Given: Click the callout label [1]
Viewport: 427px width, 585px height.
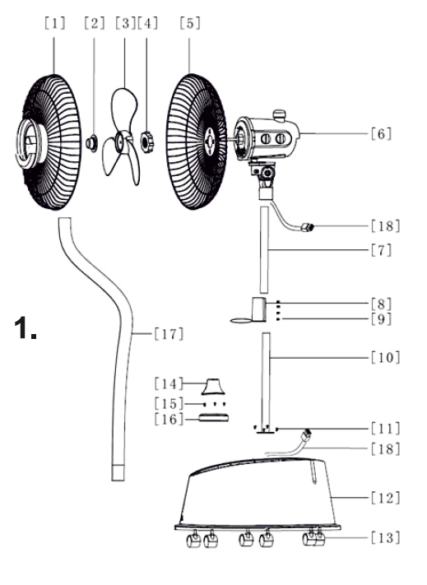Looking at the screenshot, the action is click(x=54, y=24).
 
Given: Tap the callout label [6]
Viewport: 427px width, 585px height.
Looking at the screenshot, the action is click(x=381, y=133).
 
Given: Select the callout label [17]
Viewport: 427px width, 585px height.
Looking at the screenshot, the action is click(x=169, y=334).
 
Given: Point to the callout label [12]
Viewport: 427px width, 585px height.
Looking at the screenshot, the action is click(x=386, y=498).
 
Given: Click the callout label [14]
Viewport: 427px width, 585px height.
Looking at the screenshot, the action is click(x=169, y=383).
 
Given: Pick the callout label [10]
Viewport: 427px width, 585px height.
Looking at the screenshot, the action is click(x=386, y=357).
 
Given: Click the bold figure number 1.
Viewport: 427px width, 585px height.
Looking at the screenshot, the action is click(x=26, y=328).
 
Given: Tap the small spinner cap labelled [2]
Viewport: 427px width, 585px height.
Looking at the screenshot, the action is click(x=92, y=144).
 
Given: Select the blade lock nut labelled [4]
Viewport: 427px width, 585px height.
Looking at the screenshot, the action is click(x=146, y=142).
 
